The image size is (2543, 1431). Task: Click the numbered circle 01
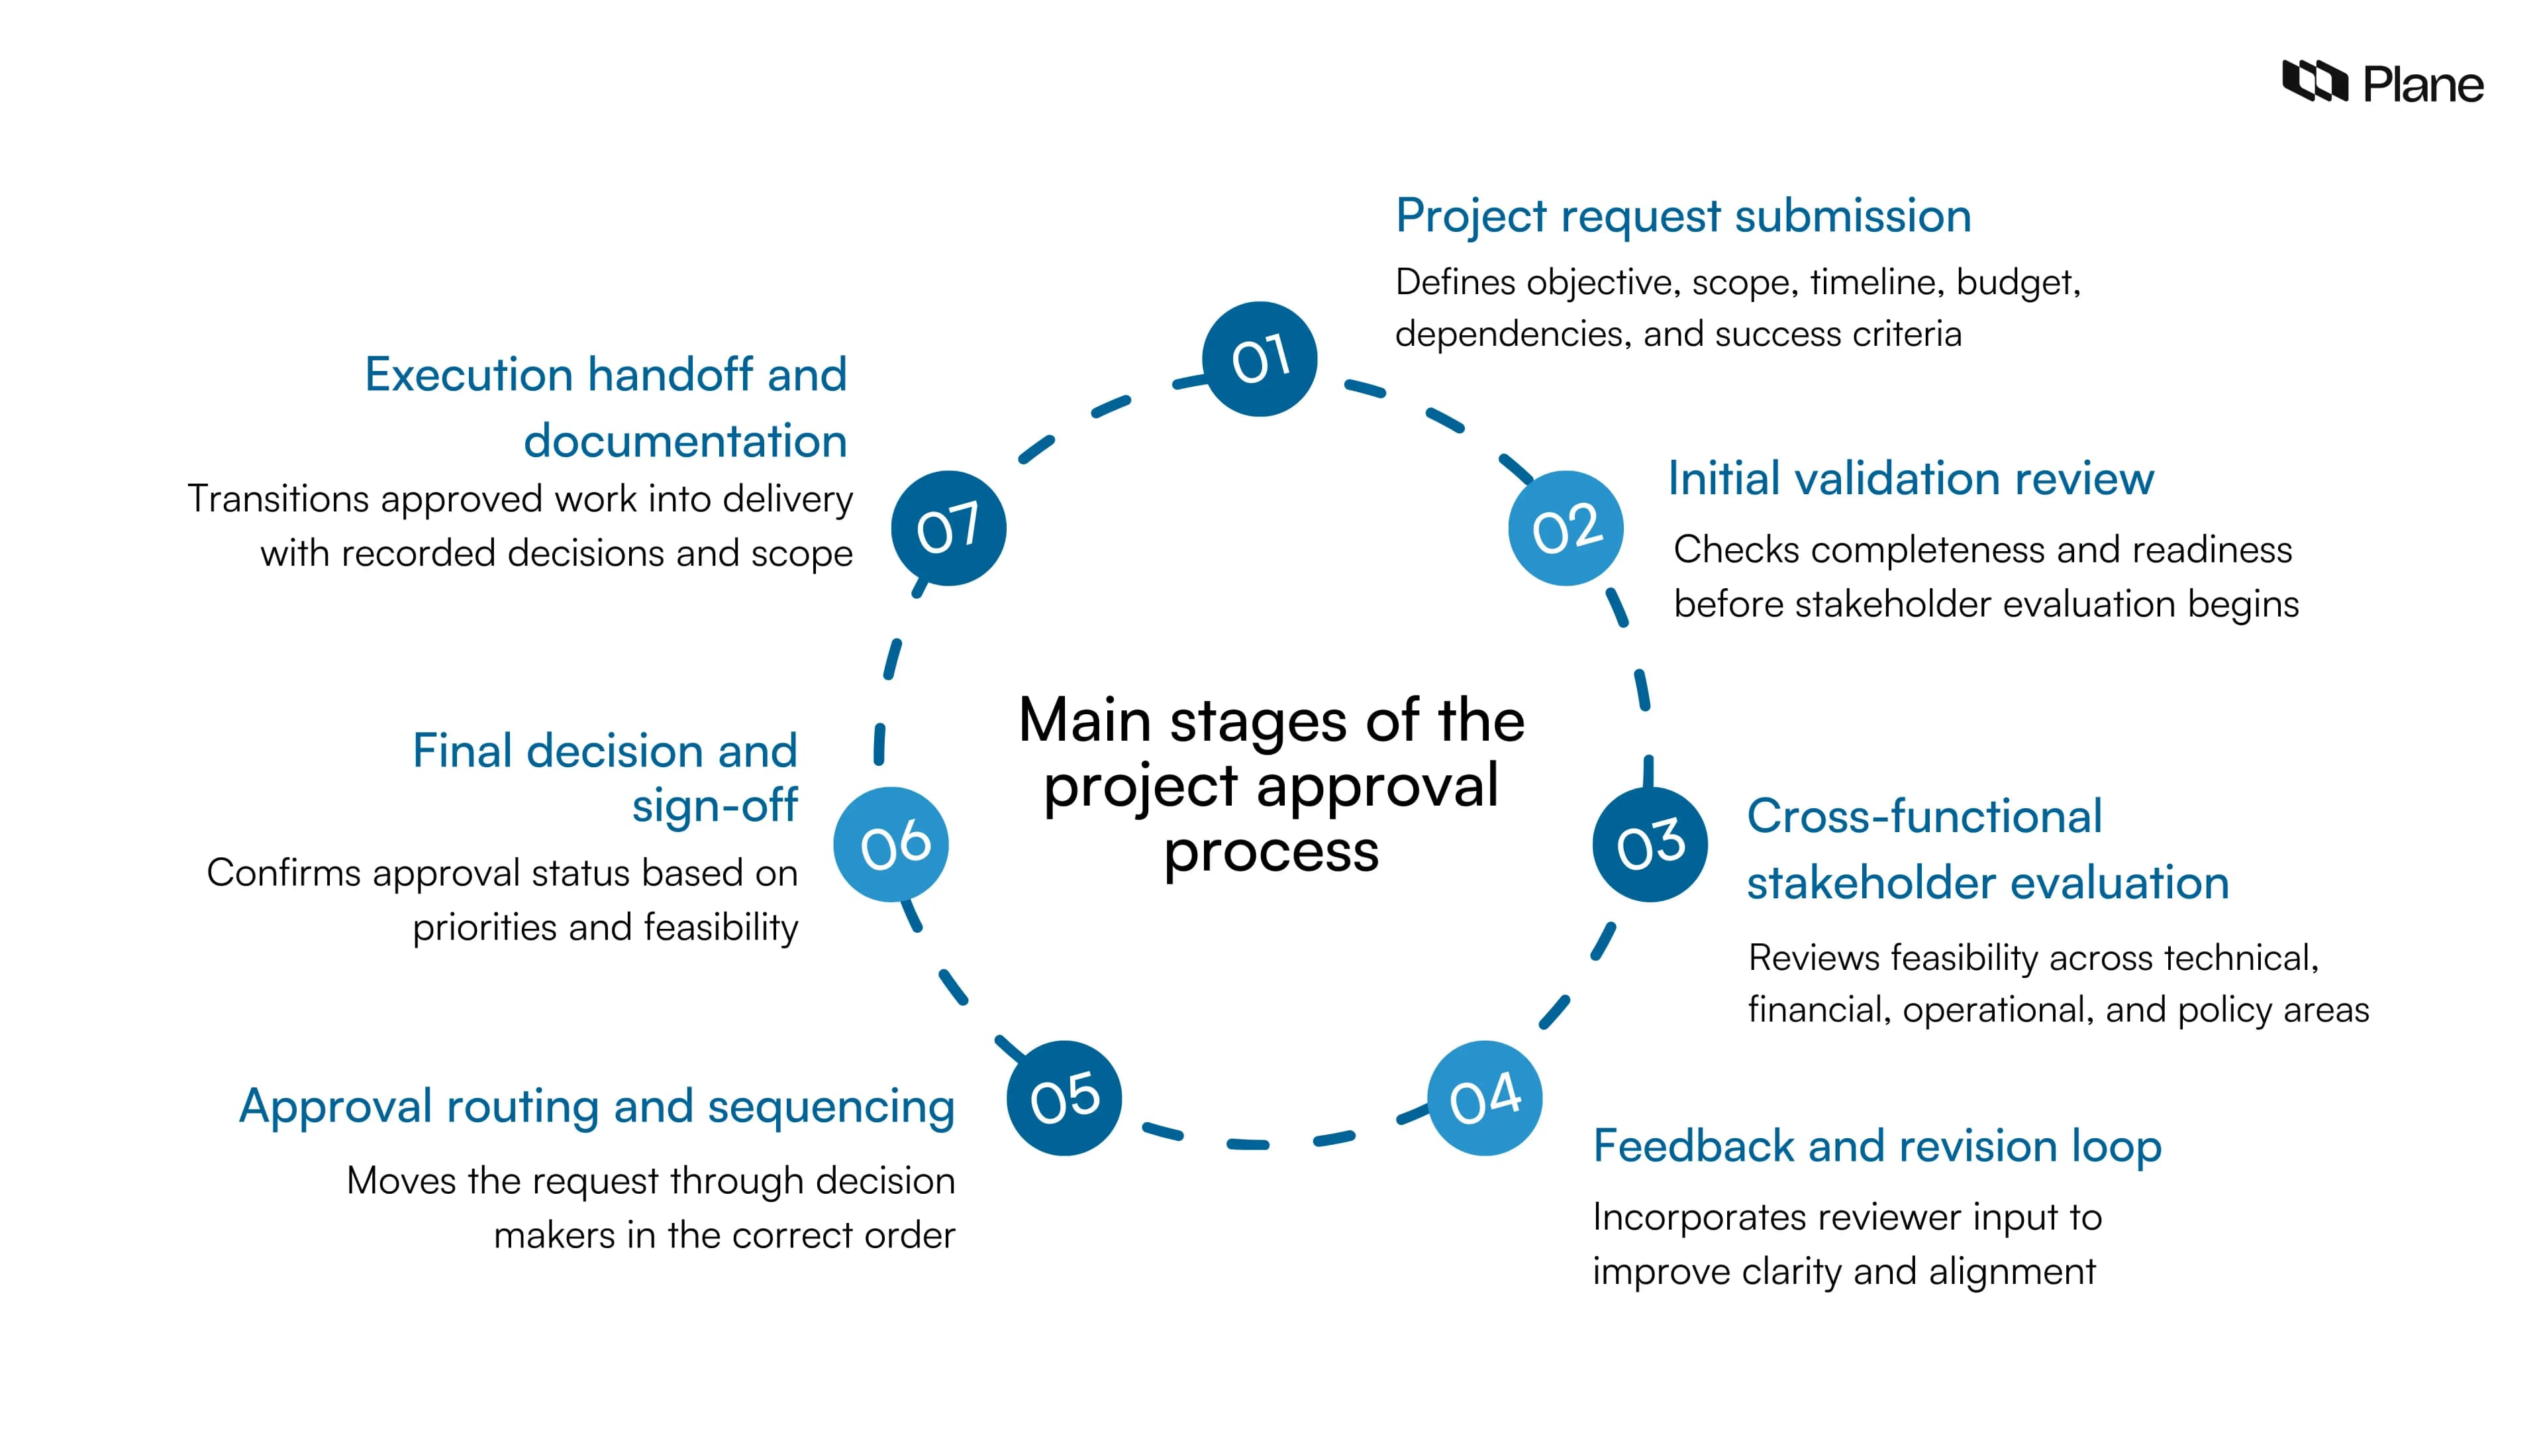tap(1259, 358)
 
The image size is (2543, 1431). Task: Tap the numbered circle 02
tap(1566, 529)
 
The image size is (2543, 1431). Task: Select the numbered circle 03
tap(1650, 845)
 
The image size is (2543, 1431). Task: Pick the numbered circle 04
tap(1485, 1097)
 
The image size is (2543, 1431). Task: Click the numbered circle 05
tap(1064, 1097)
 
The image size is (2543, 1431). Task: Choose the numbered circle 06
tap(891, 845)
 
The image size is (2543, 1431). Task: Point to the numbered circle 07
tap(949, 529)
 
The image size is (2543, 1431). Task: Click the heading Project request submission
tap(1683, 216)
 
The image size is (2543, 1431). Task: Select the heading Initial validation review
tap(1910, 479)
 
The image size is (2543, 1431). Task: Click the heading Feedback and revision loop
tap(1877, 1145)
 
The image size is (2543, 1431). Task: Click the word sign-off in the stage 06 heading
tap(715, 806)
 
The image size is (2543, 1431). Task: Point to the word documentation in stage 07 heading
tap(685, 441)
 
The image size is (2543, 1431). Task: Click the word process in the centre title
tap(1271, 851)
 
